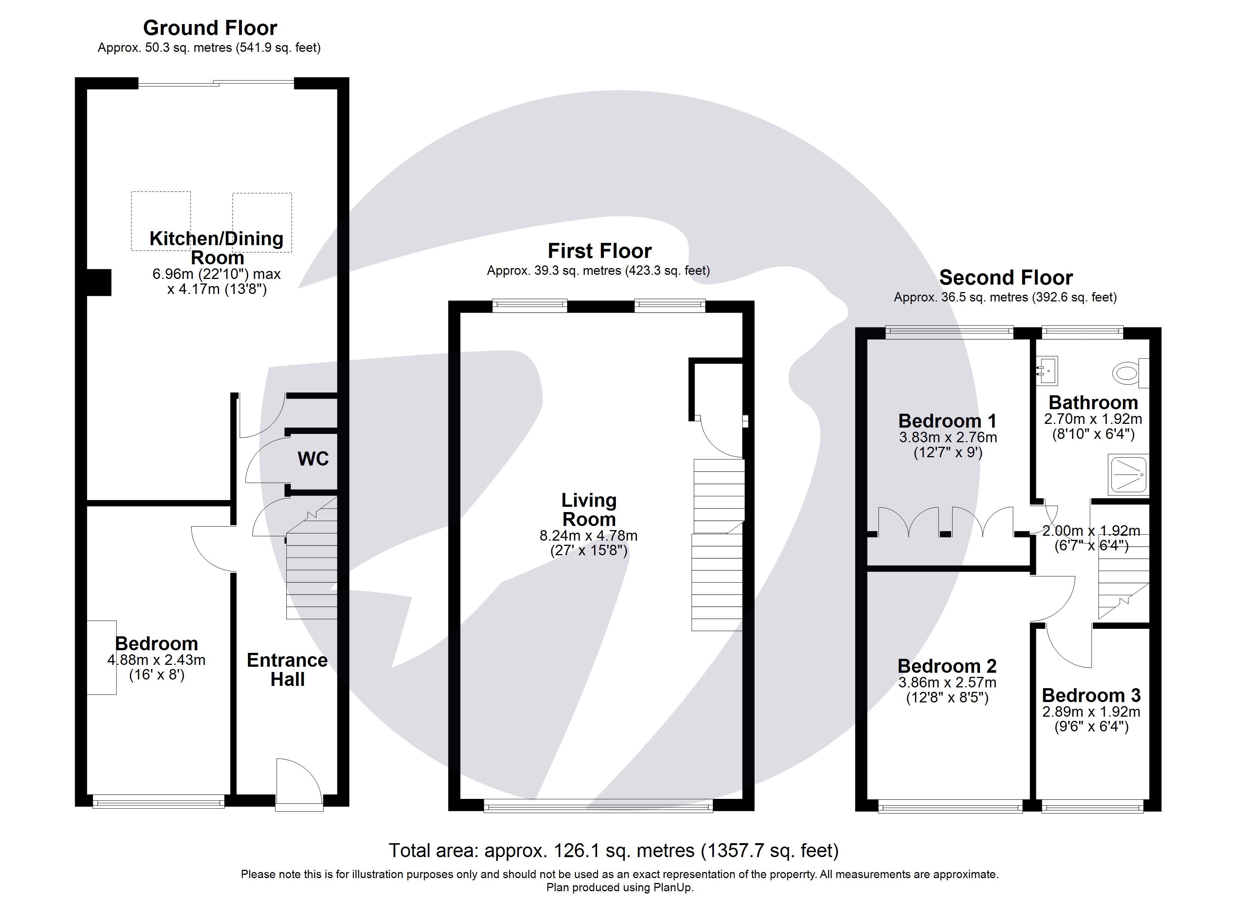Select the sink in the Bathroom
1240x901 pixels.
pyautogui.click(x=1047, y=371)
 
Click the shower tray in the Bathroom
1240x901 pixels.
pyautogui.click(x=1127, y=474)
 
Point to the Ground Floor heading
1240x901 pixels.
pyautogui.click(x=210, y=28)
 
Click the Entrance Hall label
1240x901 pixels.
pyautogui.click(x=287, y=669)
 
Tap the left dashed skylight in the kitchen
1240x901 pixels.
pyautogui.click(x=161, y=220)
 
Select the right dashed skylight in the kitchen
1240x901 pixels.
pyautogui.click(x=262, y=222)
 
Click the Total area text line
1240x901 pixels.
pyautogui.click(x=614, y=850)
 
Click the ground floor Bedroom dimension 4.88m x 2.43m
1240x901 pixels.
pyautogui.click(x=156, y=660)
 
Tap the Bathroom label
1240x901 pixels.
pyautogui.click(x=1093, y=403)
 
